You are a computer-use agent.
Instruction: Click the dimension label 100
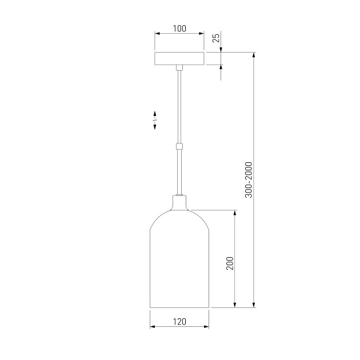179,29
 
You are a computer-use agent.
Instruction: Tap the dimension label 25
216,37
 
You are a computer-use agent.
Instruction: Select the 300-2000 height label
249,180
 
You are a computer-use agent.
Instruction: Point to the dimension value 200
230,263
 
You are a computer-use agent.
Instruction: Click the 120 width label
179,322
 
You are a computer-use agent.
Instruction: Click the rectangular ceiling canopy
179,58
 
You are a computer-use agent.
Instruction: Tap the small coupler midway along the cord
179,146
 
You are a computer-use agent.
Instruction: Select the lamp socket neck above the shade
179,202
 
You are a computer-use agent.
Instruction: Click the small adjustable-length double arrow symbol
155,121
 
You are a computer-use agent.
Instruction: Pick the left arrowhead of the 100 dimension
157,34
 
